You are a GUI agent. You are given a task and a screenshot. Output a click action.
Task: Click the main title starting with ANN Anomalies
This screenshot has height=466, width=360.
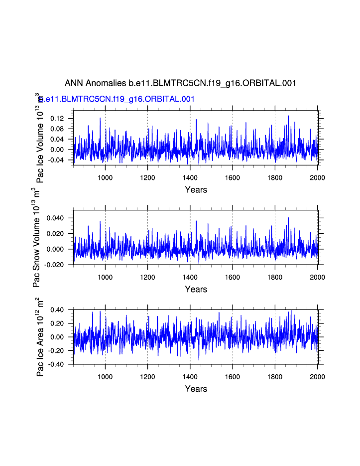[180, 83]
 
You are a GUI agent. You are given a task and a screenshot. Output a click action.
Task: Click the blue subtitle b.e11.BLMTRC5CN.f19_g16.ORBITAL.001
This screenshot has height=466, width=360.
[118, 99]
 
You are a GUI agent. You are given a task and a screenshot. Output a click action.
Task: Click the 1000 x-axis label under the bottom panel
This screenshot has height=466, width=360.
[105, 376]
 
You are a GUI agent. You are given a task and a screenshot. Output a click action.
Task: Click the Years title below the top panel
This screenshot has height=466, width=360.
[196, 189]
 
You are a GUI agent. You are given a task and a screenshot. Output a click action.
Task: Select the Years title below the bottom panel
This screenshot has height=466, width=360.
[196, 389]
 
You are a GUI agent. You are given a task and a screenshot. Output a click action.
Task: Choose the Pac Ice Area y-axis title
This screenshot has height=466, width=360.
[40, 337]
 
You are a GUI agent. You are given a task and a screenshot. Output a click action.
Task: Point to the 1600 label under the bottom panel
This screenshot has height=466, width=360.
[233, 376]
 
